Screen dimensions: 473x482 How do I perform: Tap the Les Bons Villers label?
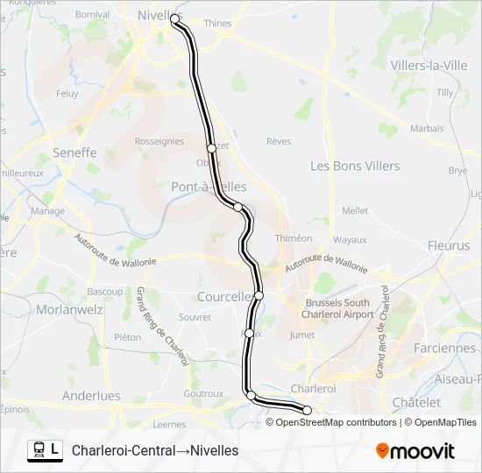pyautogui.click(x=355, y=166)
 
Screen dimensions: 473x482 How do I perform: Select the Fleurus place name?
pyautogui.click(x=449, y=246)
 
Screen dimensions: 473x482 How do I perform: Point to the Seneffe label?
pyautogui.click(x=67, y=152)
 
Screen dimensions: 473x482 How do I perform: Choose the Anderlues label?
pyautogui.click(x=91, y=395)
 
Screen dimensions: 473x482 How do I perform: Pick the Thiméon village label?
pyautogui.click(x=294, y=238)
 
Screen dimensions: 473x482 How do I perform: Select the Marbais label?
pyautogui.click(x=427, y=128)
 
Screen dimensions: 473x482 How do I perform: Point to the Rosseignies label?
pyautogui.click(x=159, y=141)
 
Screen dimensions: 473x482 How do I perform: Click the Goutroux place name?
pyautogui.click(x=203, y=394)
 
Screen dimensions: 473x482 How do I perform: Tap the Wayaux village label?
pyautogui.click(x=350, y=239)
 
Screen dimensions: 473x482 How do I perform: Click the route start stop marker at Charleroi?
pyautogui.click(x=307, y=410)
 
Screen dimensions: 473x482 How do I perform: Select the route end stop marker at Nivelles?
pyautogui.click(x=174, y=18)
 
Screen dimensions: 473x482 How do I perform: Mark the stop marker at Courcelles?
pyautogui.click(x=259, y=295)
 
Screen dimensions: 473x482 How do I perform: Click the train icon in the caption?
pyautogui.click(x=39, y=449)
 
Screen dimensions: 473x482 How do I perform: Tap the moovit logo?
pyautogui.click(x=415, y=451)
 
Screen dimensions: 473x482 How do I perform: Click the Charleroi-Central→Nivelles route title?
pyautogui.click(x=155, y=451)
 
